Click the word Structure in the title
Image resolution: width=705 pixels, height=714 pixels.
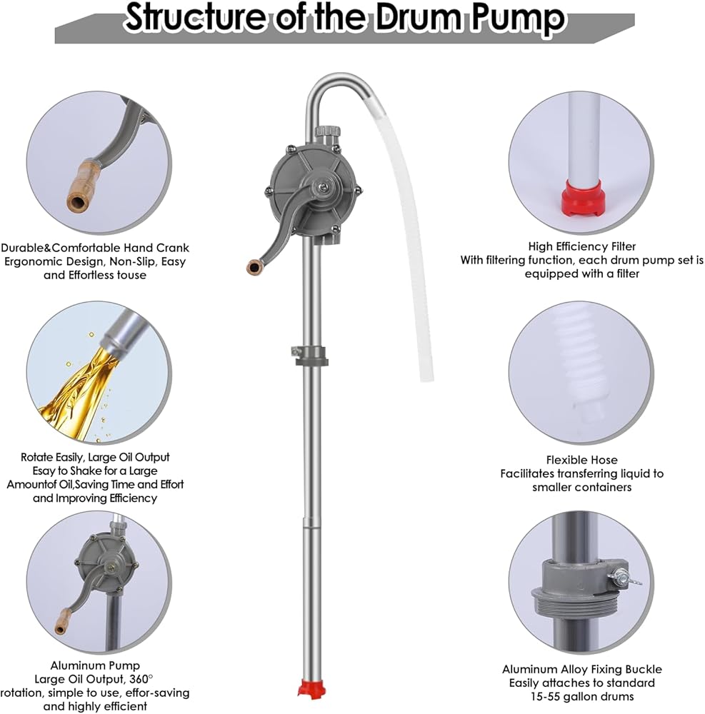coord(194,18)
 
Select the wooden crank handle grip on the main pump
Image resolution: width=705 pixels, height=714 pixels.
coord(254,267)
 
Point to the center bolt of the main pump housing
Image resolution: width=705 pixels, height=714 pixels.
coord(321,186)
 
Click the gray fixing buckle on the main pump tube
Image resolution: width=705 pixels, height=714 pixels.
coord(309,355)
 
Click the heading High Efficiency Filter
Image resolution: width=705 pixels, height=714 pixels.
coord(581,246)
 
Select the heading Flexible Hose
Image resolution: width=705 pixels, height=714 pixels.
coord(581,460)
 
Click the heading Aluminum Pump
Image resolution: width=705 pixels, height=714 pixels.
coord(95,665)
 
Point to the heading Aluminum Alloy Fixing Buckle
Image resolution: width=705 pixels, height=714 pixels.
coord(581,670)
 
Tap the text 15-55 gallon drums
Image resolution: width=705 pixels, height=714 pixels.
coord(581,697)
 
